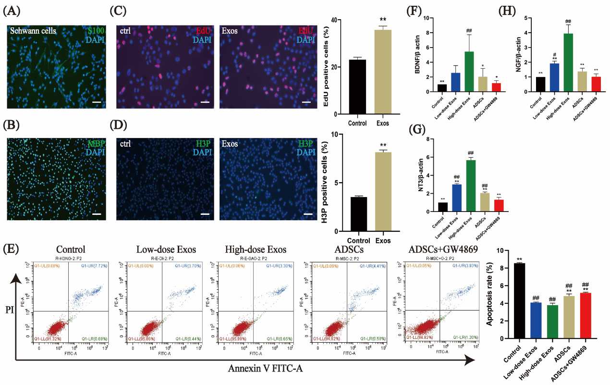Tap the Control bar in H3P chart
359,214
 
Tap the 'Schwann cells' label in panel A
33,31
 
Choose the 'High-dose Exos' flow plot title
256,249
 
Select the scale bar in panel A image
97,102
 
